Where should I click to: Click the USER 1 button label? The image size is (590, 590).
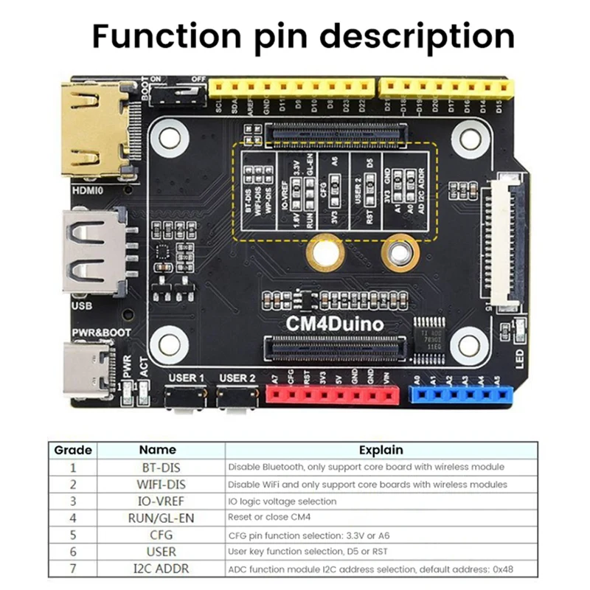coord(186,378)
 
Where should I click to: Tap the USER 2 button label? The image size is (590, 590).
coord(237,378)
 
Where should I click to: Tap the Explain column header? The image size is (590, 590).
coord(381,449)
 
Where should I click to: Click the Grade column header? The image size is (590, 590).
coord(73,449)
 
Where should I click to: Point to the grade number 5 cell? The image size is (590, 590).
coord(73,535)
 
